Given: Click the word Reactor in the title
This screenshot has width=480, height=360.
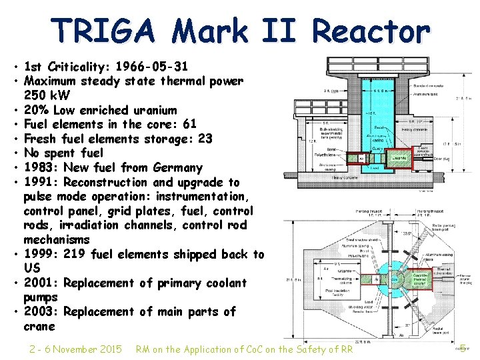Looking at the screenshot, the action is click(371, 31).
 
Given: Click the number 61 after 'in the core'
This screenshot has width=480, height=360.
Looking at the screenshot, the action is click(189, 125).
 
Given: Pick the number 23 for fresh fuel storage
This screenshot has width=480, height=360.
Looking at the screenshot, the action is click(205, 139).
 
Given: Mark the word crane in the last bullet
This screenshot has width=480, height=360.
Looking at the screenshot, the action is click(39, 326).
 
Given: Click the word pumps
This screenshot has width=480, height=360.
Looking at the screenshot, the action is click(41, 297).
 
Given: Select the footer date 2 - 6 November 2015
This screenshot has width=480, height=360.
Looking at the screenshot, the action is click(75, 349).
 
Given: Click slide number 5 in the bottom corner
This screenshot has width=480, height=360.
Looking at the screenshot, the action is click(463, 347).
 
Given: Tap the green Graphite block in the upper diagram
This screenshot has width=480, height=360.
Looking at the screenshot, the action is click(400, 158).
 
